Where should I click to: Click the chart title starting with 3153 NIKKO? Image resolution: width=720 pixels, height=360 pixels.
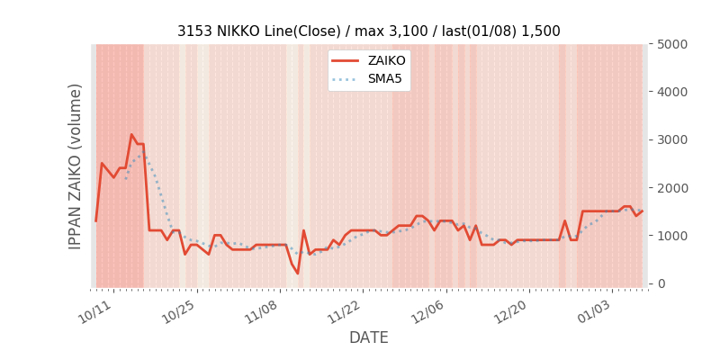368,31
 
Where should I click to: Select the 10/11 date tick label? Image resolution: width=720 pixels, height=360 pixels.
95,310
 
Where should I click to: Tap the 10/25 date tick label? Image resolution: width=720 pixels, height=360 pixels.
178,310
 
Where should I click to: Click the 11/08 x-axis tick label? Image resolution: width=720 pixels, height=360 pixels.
261,310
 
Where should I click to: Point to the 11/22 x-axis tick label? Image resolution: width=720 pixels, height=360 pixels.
345,310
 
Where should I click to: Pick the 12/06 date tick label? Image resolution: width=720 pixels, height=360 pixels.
427,310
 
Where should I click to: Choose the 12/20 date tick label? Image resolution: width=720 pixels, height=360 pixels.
510,310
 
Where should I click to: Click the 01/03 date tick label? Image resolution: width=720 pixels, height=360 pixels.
594,310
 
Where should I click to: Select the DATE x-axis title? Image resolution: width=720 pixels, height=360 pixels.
368,338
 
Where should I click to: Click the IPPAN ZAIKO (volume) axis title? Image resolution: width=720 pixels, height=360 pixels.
76,166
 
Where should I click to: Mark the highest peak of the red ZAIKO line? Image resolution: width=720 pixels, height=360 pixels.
131,135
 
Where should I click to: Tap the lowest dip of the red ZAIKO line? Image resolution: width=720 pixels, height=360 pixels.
298,274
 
